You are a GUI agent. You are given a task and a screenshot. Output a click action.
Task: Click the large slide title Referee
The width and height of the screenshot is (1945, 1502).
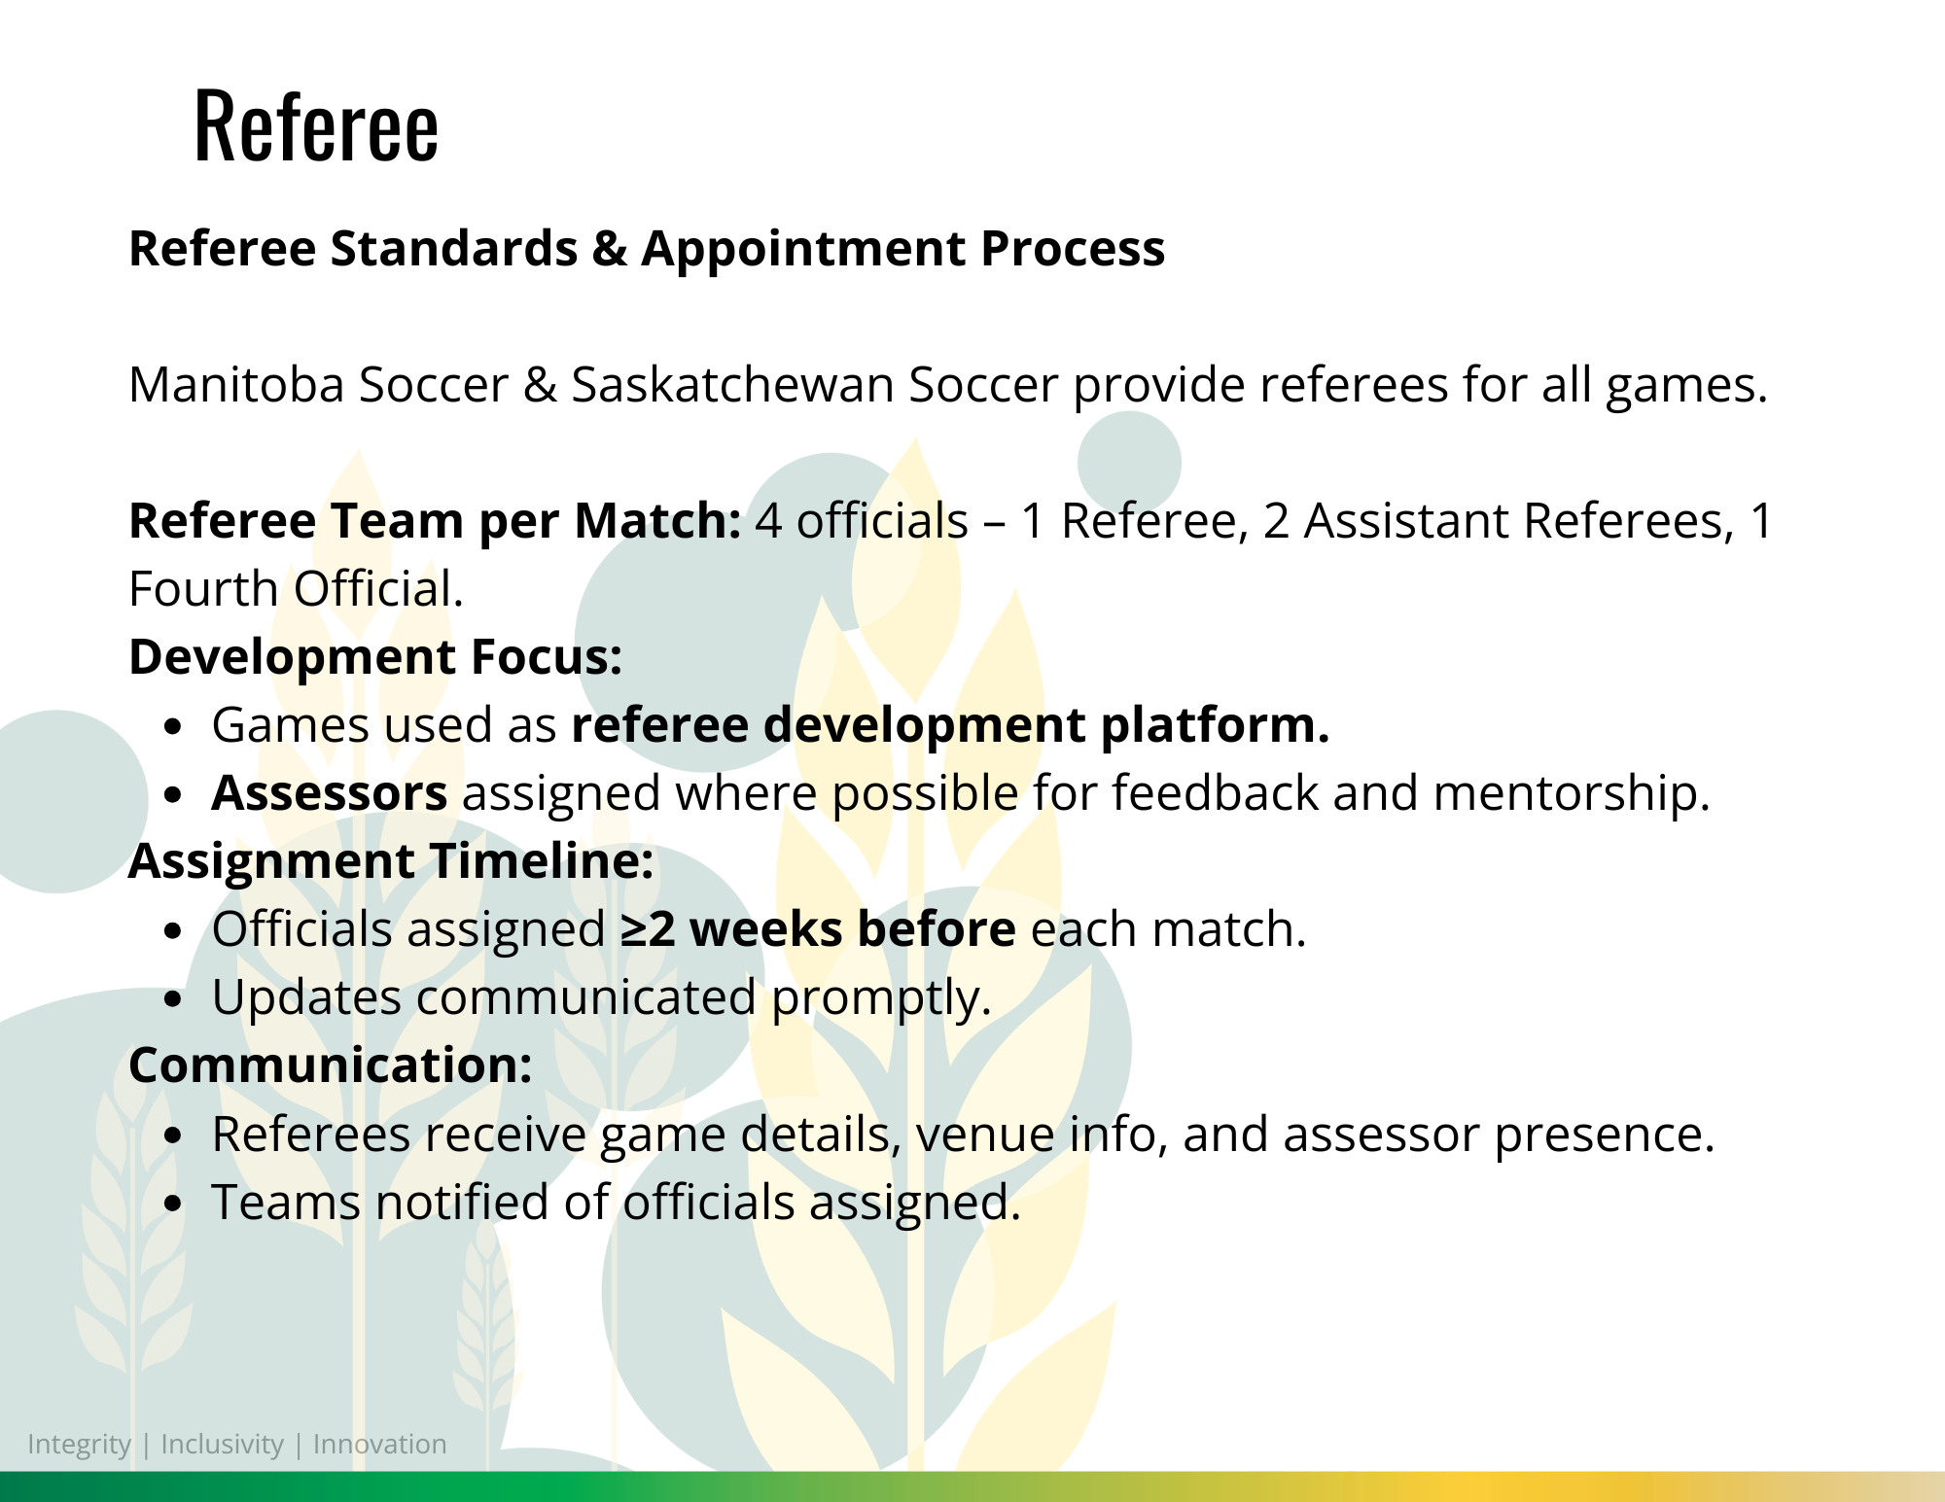(316, 125)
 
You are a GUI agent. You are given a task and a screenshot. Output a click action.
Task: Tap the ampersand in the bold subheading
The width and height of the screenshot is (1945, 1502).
(610, 249)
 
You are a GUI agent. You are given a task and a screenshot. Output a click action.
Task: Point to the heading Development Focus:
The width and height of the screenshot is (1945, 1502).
(375, 657)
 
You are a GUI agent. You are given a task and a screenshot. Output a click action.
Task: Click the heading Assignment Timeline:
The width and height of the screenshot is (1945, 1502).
(391, 862)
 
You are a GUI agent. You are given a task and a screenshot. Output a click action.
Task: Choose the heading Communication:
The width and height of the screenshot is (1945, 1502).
(331, 1065)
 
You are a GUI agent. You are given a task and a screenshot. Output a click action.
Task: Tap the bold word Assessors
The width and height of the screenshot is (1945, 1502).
(330, 793)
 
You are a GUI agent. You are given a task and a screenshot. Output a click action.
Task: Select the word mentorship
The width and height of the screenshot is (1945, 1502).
(1572, 794)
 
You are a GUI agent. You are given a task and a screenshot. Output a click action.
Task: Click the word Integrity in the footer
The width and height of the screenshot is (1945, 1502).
(79, 1445)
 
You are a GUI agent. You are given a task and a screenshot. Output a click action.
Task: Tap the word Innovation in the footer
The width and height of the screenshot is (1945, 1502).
(380, 1444)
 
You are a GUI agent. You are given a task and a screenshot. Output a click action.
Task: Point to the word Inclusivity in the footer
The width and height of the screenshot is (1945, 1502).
(222, 1445)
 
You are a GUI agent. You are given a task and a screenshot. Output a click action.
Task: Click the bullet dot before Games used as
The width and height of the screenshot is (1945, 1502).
(173, 726)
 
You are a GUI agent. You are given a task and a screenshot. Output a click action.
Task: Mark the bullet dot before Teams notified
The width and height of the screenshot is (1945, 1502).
(173, 1204)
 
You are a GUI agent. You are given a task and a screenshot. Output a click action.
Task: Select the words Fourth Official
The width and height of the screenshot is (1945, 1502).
(296, 589)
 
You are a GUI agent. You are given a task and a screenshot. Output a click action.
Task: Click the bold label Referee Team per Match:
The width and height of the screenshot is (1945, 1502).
(435, 521)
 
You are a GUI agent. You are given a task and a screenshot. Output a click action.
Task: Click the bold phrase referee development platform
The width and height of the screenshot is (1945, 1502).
(950, 726)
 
